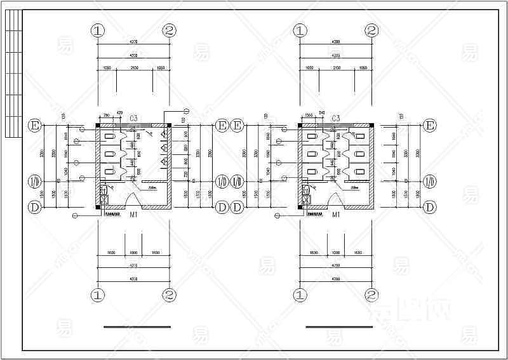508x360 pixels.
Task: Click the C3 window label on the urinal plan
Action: click(x=134, y=119)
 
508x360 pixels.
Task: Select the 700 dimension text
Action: click(x=106, y=114)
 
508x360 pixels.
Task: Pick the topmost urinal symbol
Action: click(x=164, y=135)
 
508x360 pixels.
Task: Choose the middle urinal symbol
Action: click(x=164, y=148)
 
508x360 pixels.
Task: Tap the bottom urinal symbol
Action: click(x=164, y=161)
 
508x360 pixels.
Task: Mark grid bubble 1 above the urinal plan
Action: click(x=97, y=30)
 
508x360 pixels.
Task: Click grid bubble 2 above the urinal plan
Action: click(x=170, y=30)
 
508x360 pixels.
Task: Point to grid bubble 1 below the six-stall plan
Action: click(x=300, y=295)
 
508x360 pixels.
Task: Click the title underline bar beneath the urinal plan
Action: click(x=137, y=327)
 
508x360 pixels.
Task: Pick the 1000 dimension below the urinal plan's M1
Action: click(x=133, y=253)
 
